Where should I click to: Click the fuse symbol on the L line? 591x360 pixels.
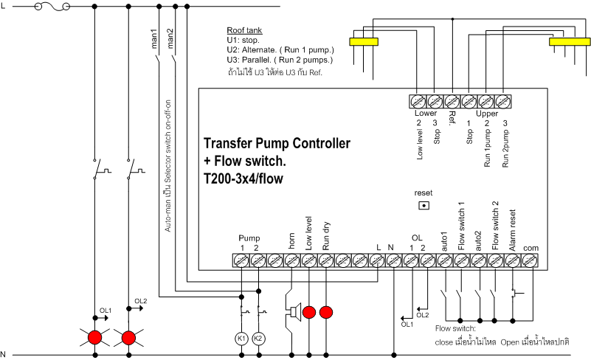click(x=55, y=6)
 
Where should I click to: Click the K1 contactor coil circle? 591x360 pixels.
click(x=241, y=338)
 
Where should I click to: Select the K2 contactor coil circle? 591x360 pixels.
click(x=258, y=338)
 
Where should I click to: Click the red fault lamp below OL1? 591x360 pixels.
click(x=94, y=338)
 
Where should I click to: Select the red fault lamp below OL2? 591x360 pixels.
click(x=128, y=338)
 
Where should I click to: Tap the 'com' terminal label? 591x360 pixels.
click(x=531, y=248)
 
